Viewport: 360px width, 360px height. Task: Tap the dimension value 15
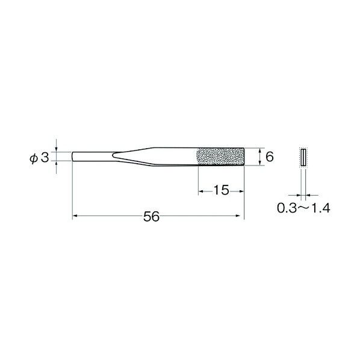click(x=221, y=191)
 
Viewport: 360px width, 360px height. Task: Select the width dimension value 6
click(x=270, y=157)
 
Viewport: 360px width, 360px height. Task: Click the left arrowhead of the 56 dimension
click(x=75, y=216)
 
